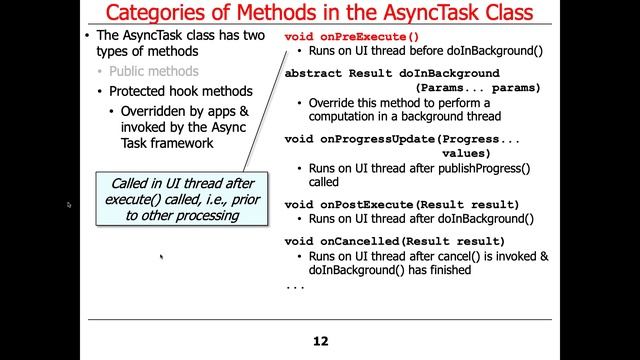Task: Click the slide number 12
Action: pos(320,341)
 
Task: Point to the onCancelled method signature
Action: pos(394,242)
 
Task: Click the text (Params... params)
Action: pos(479,88)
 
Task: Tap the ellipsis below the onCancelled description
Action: pos(294,286)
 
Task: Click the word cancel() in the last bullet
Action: pos(463,256)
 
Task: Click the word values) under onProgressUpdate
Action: pos(466,154)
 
